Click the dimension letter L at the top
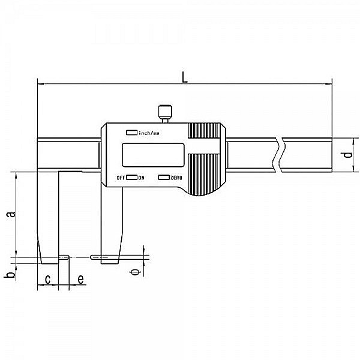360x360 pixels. point(185,76)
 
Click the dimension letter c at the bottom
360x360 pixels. point(48,280)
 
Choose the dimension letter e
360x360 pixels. point(80,280)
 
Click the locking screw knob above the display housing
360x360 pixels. point(164,112)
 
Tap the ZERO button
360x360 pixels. point(163,178)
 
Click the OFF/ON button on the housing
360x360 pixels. point(131,178)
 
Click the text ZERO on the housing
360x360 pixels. point(176,178)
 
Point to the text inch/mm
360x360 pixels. point(149,132)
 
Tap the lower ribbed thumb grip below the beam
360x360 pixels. point(205,173)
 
